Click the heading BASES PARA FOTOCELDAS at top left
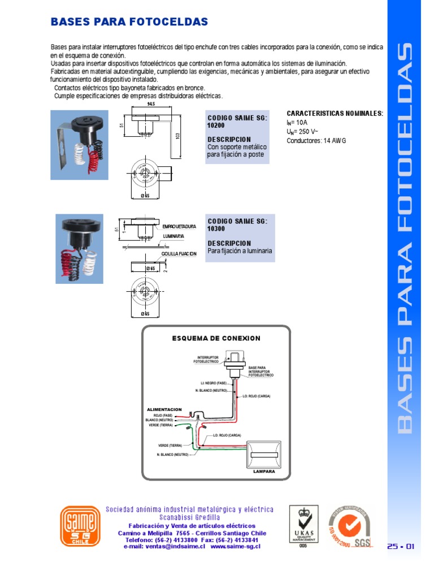129,22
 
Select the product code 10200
216,126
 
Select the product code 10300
216,229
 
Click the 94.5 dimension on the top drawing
151,105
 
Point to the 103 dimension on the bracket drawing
179,136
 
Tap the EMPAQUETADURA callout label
179,226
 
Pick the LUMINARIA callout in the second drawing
173,236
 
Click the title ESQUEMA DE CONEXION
216,338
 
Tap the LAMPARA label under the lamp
264,471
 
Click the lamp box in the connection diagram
264,454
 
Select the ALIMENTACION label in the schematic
164,409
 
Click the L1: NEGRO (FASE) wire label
213,383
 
